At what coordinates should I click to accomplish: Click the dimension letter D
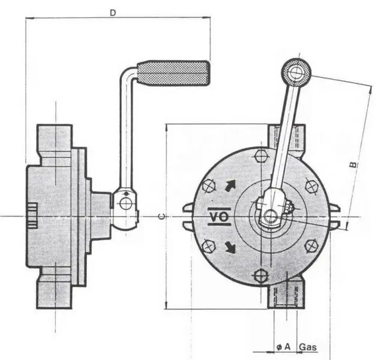tap(113, 11)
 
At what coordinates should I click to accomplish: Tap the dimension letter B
tap(354, 163)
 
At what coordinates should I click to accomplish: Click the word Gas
tap(308, 347)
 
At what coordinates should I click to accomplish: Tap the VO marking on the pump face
tap(218, 217)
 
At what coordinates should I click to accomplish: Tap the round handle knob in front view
tap(296, 73)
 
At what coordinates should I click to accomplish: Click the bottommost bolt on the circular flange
tap(260, 276)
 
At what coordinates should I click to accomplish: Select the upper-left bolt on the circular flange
tap(208, 185)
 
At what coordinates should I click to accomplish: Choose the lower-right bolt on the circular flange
tap(311, 246)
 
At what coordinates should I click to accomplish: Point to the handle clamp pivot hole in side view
tap(125, 203)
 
